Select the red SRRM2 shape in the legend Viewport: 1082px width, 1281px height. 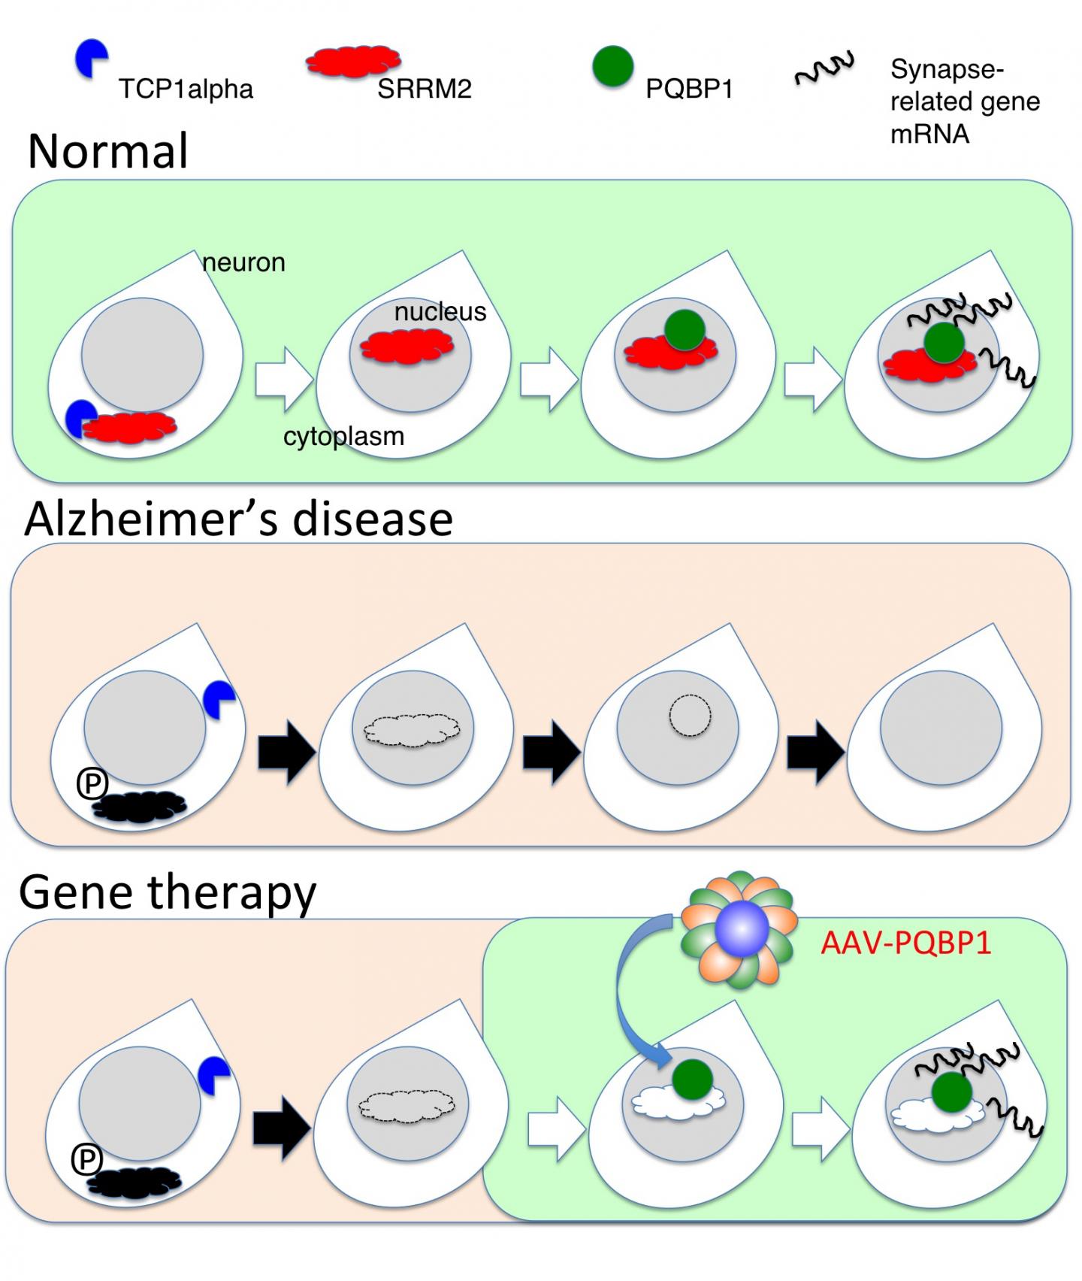pos(352,61)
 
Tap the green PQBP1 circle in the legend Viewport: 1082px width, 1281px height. pos(612,66)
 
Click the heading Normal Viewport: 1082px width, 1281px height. pos(107,150)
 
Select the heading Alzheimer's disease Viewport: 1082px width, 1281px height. pos(238,519)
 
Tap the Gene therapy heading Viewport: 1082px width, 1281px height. pos(168,892)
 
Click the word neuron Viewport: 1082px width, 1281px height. pos(243,262)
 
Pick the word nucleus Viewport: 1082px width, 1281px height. pos(440,311)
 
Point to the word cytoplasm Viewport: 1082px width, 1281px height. pos(343,436)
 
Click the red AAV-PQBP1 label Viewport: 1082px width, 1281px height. pos(905,942)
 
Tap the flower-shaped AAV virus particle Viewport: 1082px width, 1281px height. pos(739,929)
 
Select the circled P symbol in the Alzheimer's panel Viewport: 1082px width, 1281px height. pos(92,784)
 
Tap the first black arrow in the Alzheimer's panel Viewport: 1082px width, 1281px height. pos(286,753)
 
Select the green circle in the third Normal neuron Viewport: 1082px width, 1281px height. pos(685,329)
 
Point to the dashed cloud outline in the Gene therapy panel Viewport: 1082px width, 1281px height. pos(407,1106)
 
